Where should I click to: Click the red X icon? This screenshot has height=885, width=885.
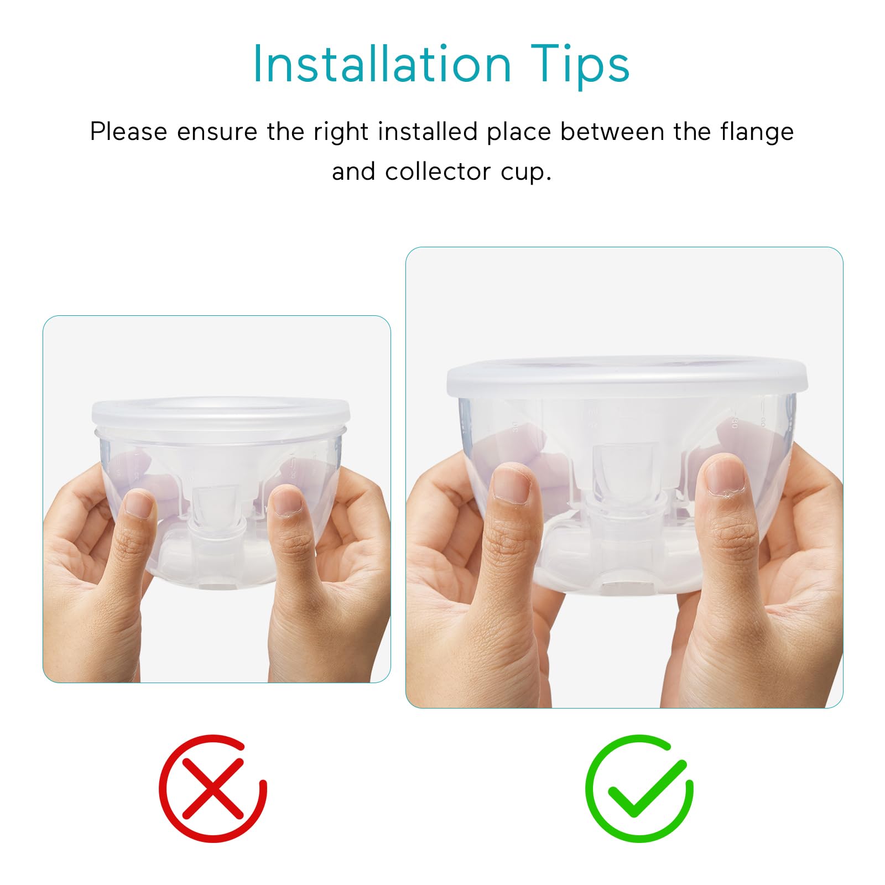(x=213, y=789)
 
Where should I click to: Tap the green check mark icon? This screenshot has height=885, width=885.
(x=640, y=789)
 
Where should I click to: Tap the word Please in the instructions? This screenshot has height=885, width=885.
(x=128, y=132)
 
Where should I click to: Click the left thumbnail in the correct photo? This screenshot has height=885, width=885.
(x=512, y=483)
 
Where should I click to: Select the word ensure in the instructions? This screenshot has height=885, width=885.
(x=217, y=132)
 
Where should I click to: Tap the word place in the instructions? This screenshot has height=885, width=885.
(x=519, y=132)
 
